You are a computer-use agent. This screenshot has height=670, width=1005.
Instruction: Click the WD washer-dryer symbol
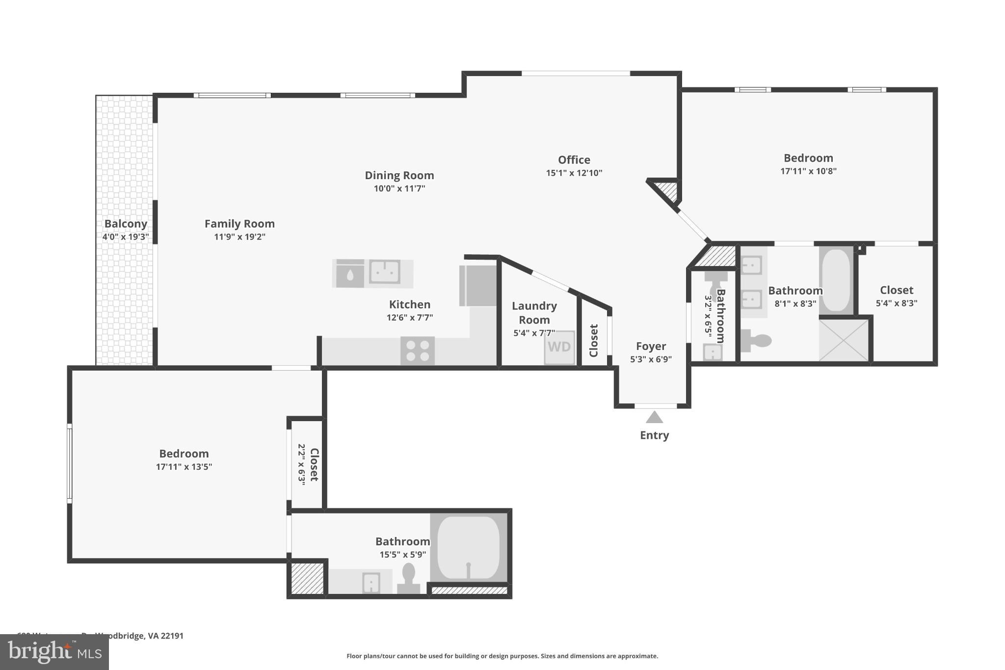pyautogui.click(x=559, y=347)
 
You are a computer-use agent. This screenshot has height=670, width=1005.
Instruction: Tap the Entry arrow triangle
pyautogui.click(x=654, y=418)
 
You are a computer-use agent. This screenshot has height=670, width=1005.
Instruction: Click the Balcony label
pyautogui.click(x=126, y=224)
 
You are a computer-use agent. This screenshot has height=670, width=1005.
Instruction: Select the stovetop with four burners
pyautogui.click(x=418, y=350)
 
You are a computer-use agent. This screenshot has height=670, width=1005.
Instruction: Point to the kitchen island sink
pyautogui.click(x=385, y=272)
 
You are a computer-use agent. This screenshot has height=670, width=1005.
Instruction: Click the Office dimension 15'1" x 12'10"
pyautogui.click(x=574, y=173)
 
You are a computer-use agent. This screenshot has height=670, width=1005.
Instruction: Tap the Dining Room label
pyautogui.click(x=399, y=175)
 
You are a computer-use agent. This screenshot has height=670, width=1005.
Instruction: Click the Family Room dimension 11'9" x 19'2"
pyautogui.click(x=239, y=237)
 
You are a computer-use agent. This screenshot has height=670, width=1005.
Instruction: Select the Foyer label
pyautogui.click(x=651, y=346)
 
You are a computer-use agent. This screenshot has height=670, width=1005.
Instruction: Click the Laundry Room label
pyautogui.click(x=534, y=313)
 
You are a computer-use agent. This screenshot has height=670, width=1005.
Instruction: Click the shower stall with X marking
pyautogui.click(x=844, y=340)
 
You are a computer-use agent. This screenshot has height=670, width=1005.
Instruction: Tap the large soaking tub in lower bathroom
pyautogui.click(x=469, y=547)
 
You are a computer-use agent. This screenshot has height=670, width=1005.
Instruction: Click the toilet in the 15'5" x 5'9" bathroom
pyautogui.click(x=408, y=577)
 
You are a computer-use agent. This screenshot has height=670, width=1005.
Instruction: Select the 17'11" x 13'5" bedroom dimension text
pyautogui.click(x=184, y=467)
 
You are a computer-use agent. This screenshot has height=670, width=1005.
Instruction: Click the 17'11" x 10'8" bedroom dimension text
pyautogui.click(x=808, y=171)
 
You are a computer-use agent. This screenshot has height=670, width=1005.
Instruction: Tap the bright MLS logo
pyautogui.click(x=54, y=652)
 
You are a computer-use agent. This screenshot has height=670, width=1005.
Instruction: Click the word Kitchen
pyautogui.click(x=409, y=304)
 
